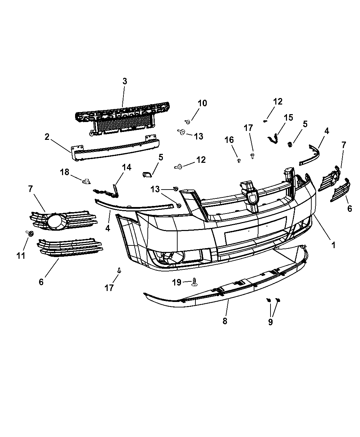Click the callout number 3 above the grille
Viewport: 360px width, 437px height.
[124, 81]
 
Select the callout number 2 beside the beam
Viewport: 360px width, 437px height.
[47, 137]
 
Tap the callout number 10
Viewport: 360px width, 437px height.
[202, 103]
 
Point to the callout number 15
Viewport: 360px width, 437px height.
[288, 118]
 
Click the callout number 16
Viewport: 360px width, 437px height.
[229, 140]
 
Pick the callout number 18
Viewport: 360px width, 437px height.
[64, 172]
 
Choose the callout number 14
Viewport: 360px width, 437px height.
[127, 168]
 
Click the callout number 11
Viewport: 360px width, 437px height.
[21, 256]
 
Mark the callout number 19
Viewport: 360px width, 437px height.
[177, 282]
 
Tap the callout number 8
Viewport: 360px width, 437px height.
[225, 321]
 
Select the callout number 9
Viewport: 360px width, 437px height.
[271, 322]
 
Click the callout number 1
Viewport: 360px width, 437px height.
[333, 245]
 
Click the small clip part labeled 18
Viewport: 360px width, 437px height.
[86, 181]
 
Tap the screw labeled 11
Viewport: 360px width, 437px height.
[30, 233]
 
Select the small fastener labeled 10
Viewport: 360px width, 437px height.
[188, 122]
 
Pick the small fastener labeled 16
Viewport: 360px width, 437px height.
[239, 161]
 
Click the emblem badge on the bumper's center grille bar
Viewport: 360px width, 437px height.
[253, 197]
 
